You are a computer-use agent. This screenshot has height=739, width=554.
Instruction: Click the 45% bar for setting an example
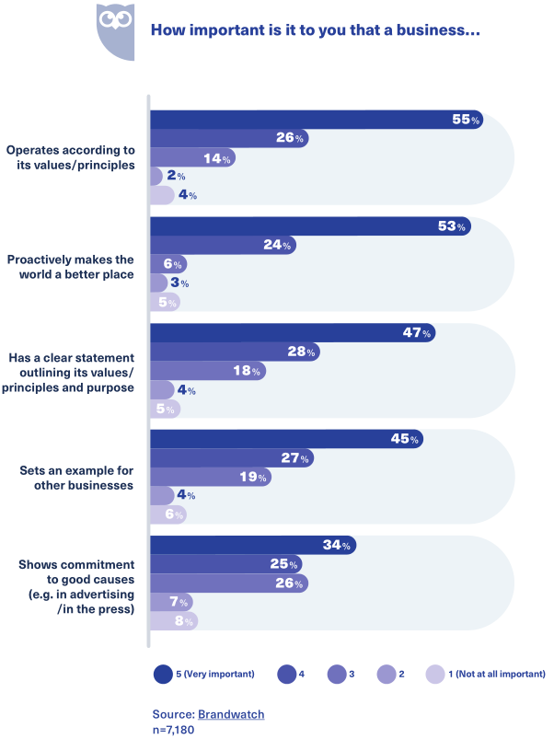tap(286, 439)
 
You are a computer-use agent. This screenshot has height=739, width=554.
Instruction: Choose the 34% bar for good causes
tap(253, 546)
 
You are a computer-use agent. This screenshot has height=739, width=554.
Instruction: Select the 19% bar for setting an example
tap(211, 477)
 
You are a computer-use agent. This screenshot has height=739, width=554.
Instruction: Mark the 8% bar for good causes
tap(174, 621)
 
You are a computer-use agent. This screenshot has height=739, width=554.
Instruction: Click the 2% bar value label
tap(176, 176)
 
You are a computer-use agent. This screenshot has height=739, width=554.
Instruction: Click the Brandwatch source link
tap(225, 713)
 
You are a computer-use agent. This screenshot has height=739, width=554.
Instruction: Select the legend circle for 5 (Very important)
tap(163, 674)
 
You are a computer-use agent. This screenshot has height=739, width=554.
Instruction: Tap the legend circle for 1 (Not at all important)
tap(434, 674)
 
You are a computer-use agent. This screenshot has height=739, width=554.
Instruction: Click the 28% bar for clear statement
tap(235, 352)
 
